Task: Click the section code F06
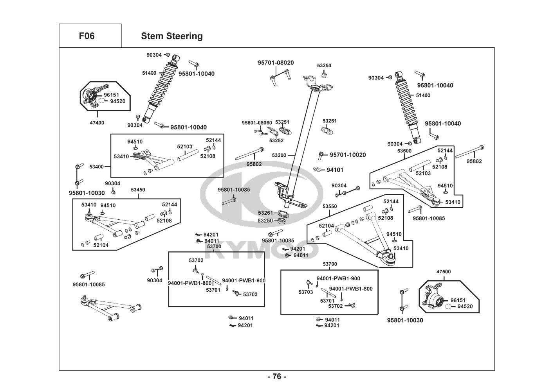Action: click(87, 36)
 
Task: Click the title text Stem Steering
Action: click(172, 36)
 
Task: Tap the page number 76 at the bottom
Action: click(277, 377)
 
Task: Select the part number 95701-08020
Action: click(276, 63)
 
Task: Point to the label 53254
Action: click(324, 66)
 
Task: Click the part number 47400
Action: click(97, 123)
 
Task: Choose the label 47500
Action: click(444, 272)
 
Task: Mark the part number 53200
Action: click(279, 155)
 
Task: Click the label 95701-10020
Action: click(348, 155)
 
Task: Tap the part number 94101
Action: click(335, 170)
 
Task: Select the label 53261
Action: click(265, 213)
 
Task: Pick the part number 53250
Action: click(265, 221)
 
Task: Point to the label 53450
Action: click(138, 190)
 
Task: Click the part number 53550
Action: click(330, 206)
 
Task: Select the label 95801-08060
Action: click(257, 123)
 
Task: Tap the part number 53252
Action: click(276, 140)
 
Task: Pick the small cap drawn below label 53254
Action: click(324, 75)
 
